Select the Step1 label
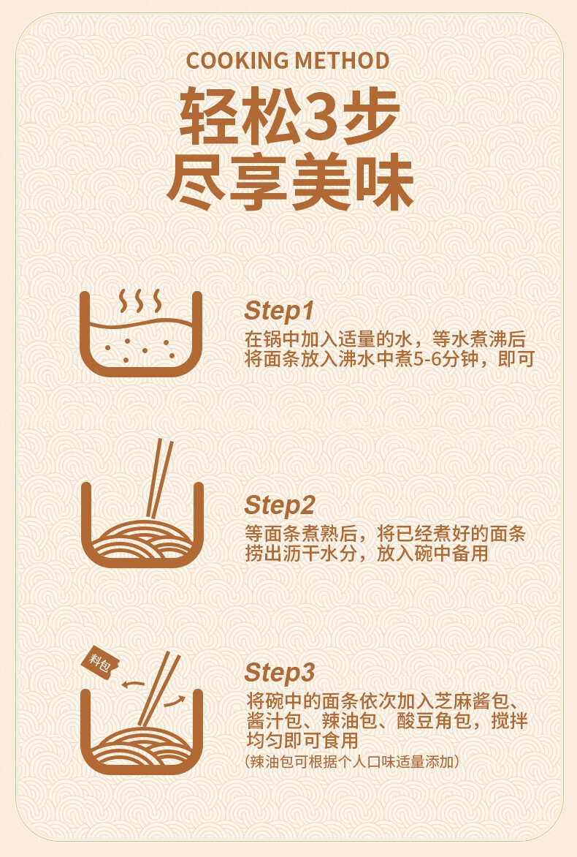click(x=279, y=311)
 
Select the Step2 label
click(x=280, y=505)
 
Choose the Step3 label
click(x=280, y=673)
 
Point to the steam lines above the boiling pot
click(x=141, y=301)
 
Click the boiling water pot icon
click(x=142, y=333)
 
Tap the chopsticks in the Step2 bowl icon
click(x=158, y=479)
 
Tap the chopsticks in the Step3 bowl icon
click(x=158, y=689)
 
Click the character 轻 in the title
click(x=209, y=116)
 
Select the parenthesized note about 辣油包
click(x=352, y=761)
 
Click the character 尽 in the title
click(x=196, y=182)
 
